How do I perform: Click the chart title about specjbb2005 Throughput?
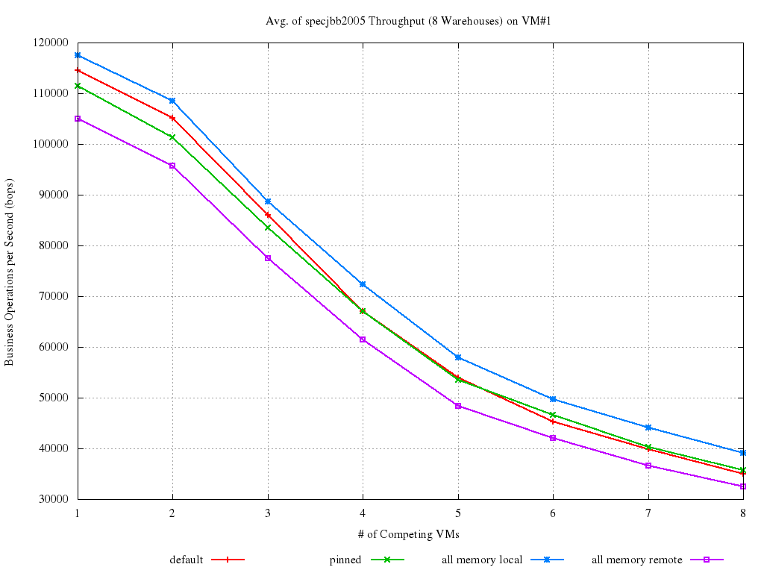[408, 21]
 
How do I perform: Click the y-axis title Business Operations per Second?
[10, 272]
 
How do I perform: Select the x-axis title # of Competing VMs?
[410, 533]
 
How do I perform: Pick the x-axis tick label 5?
[457, 513]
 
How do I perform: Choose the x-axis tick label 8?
[742, 513]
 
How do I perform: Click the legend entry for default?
[187, 560]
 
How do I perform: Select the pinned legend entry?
[345, 560]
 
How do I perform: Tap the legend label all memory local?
[482, 560]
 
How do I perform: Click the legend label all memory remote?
[636, 560]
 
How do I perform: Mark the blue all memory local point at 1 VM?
[78, 55]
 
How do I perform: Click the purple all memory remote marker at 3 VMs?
[268, 258]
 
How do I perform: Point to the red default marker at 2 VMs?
[172, 118]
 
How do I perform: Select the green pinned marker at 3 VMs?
[268, 228]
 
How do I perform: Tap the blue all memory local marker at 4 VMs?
[363, 284]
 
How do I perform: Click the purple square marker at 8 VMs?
[742, 486]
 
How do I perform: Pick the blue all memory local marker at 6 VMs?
[553, 399]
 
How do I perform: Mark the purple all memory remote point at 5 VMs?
[457, 406]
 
